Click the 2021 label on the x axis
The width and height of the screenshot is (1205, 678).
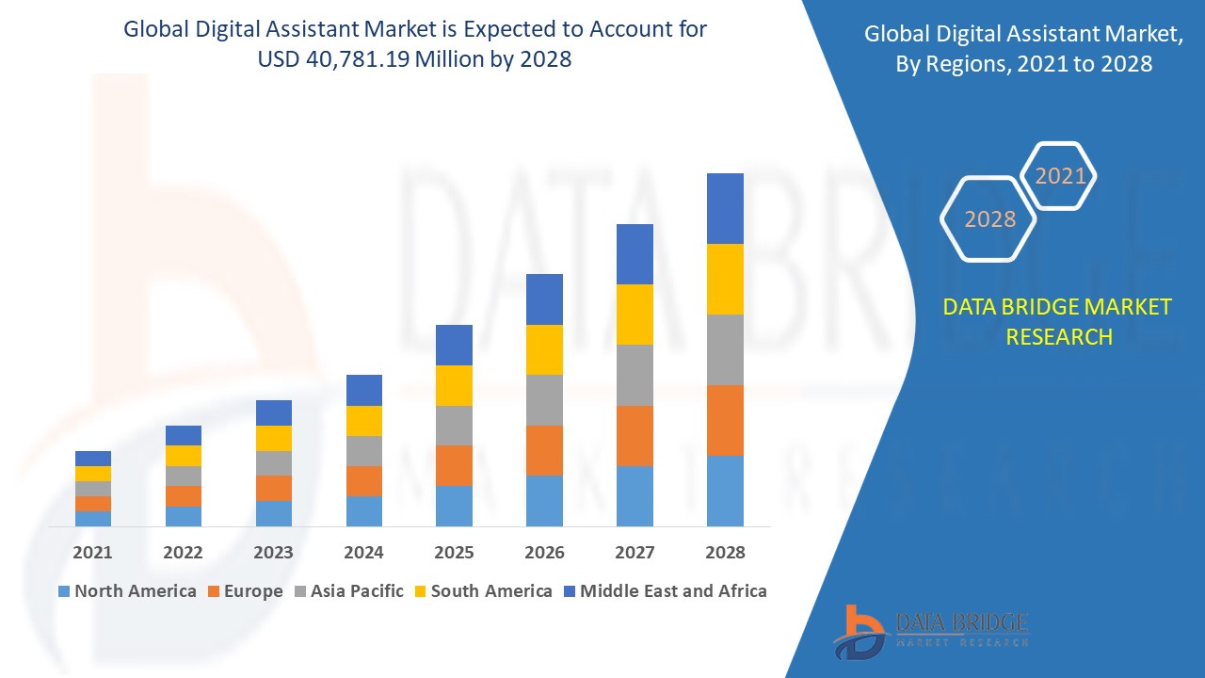pyautogui.click(x=92, y=553)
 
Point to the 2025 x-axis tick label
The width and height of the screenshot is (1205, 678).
pyautogui.click(x=454, y=553)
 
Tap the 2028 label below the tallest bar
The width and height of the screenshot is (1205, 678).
pyautogui.click(x=725, y=553)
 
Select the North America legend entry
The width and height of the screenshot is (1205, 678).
pyautogui.click(x=127, y=591)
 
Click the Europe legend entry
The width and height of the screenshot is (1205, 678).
pyautogui.click(x=244, y=591)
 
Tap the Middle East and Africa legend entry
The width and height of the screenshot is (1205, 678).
pyautogui.click(x=665, y=591)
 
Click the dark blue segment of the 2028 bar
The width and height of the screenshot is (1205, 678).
pyautogui.click(x=725, y=208)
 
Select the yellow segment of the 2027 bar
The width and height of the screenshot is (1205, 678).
pyautogui.click(x=635, y=315)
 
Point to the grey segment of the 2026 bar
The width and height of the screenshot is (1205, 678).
pyautogui.click(x=544, y=400)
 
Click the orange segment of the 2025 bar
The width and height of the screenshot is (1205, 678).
pyautogui.click(x=454, y=465)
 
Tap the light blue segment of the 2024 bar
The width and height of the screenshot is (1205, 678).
pyautogui.click(x=363, y=510)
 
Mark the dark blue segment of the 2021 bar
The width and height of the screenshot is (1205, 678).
pyautogui.click(x=93, y=459)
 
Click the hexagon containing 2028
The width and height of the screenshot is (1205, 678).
pyautogui.click(x=988, y=219)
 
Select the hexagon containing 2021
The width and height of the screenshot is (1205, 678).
pyautogui.click(x=1060, y=176)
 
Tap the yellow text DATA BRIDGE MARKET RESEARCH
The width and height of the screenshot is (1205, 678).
pyautogui.click(x=1058, y=321)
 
